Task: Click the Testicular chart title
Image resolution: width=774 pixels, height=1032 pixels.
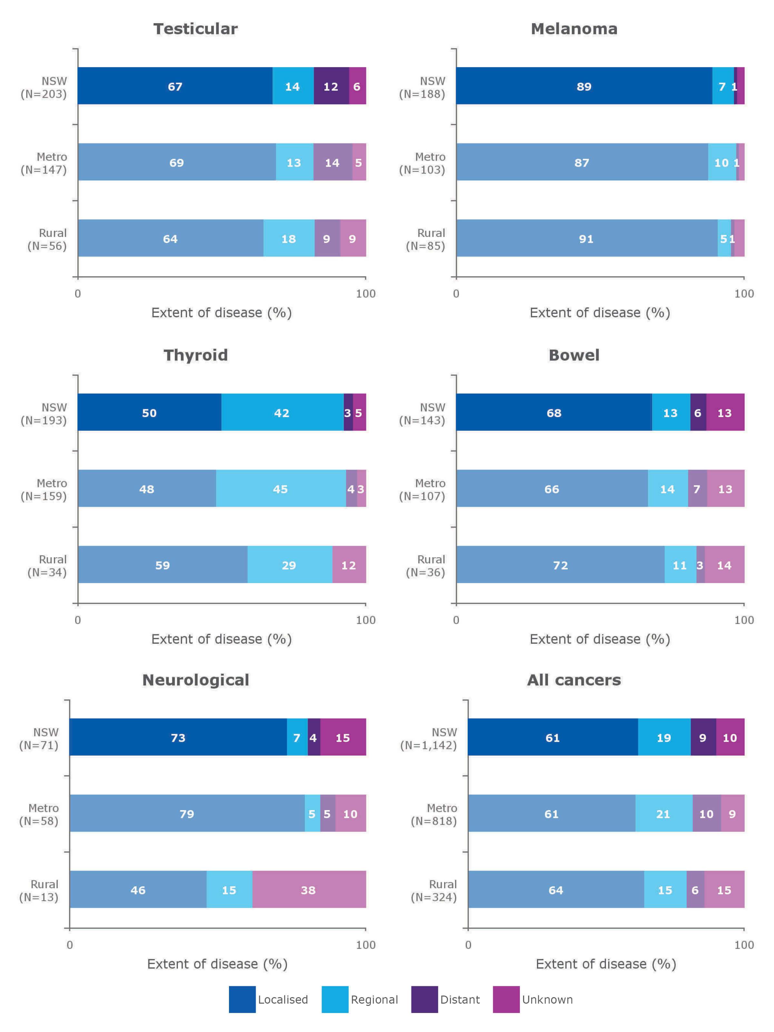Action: tap(195, 29)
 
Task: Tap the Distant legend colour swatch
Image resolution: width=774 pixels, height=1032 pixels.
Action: tap(424, 999)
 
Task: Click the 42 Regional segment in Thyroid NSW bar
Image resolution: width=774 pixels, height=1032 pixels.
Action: tap(282, 412)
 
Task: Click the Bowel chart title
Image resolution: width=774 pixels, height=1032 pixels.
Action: tap(573, 355)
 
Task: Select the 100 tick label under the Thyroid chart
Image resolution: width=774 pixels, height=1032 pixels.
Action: tap(365, 620)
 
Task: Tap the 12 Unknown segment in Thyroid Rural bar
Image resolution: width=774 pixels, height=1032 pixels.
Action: tap(349, 565)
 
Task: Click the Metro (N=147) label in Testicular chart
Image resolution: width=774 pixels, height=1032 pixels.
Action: tap(44, 163)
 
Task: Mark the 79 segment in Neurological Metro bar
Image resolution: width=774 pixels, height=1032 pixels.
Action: tap(187, 814)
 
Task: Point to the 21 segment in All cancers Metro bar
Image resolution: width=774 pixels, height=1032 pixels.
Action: tap(663, 814)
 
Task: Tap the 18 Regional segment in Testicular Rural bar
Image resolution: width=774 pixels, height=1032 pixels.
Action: tap(288, 239)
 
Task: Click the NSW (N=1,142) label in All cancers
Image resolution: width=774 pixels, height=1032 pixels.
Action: tap(428, 739)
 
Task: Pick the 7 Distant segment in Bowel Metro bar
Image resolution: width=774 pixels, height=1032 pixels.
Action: tap(697, 489)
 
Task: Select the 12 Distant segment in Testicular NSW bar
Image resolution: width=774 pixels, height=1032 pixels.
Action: tap(331, 86)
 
